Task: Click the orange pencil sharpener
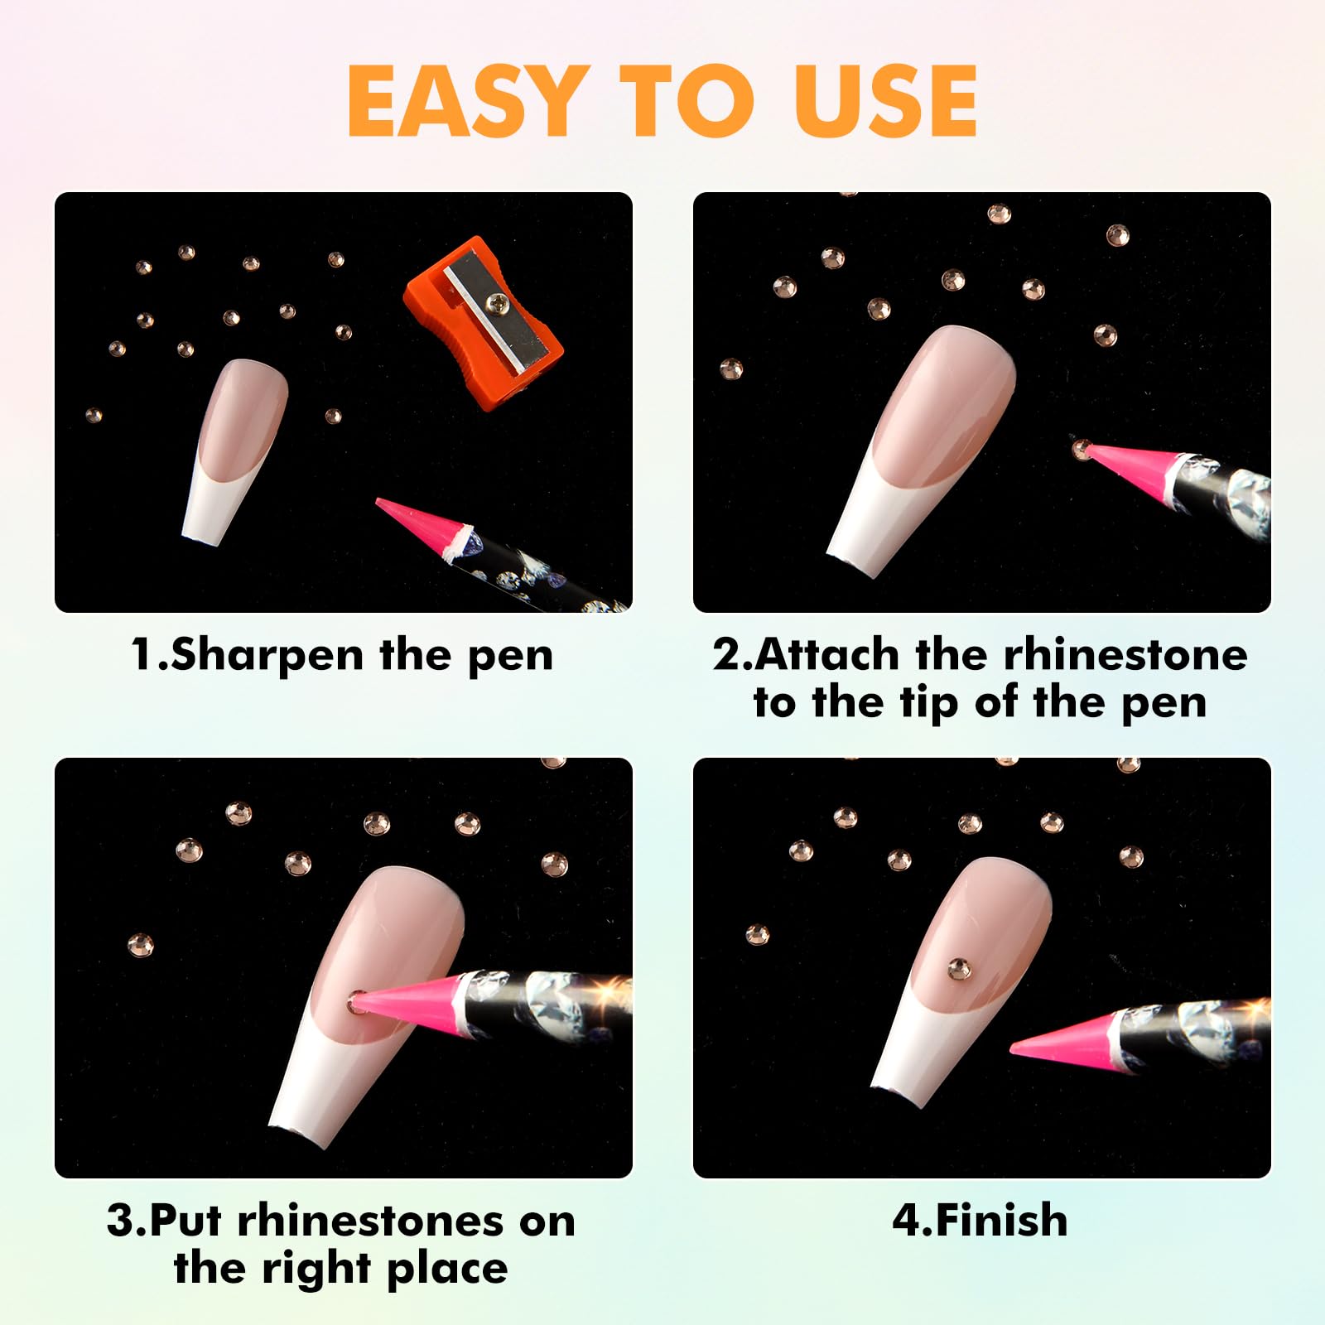[x=483, y=322]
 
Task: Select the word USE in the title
[x=885, y=101]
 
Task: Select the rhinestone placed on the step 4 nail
[x=959, y=969]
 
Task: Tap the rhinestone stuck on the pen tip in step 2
[x=1081, y=449]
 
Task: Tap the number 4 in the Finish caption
[x=905, y=1221]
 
